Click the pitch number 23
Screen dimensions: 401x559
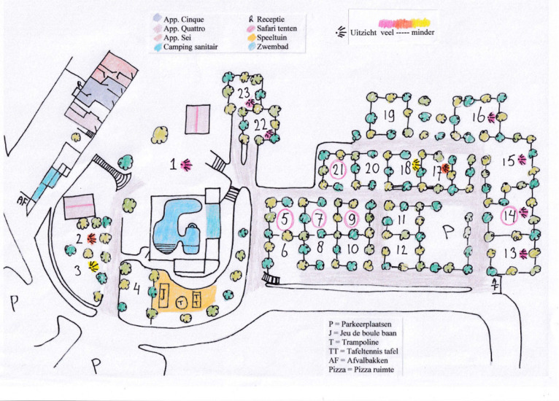(x=243, y=93)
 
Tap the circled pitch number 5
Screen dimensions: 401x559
(x=285, y=218)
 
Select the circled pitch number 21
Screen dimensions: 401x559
(x=337, y=169)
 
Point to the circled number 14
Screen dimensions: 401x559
(x=509, y=215)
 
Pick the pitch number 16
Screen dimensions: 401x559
(x=479, y=116)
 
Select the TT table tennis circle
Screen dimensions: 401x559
(x=198, y=300)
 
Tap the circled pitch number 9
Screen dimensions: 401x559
(x=352, y=217)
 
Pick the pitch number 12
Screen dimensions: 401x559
(x=401, y=249)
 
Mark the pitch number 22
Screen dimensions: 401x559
(x=261, y=125)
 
